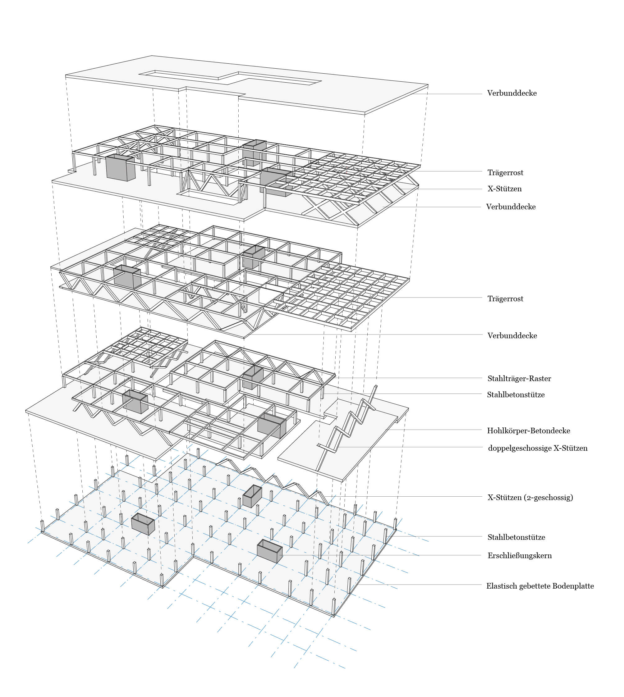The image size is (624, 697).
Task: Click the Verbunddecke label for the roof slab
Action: pos(512,93)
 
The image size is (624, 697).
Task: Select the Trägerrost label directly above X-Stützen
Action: pos(505,173)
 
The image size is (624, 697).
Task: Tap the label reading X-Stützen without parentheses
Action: pos(505,189)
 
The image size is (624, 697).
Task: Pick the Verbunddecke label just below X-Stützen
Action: pos(511,207)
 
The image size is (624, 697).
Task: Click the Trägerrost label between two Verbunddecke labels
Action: pos(505,299)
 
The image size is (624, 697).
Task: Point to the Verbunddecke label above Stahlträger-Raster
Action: pos(512,336)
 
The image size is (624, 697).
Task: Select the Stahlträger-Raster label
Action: pos(519,379)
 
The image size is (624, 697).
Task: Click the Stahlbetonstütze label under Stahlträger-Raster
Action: pos(516,395)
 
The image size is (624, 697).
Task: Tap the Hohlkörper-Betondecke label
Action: pos(528,431)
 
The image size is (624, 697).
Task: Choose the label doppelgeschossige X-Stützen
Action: pos(538,448)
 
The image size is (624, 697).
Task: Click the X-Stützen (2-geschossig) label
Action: pos(530,498)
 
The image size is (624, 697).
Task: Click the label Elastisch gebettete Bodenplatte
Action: pos(540,586)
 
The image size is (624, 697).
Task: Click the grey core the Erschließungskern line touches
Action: pos(269,551)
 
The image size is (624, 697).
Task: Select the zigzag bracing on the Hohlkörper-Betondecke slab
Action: pos(346,428)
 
